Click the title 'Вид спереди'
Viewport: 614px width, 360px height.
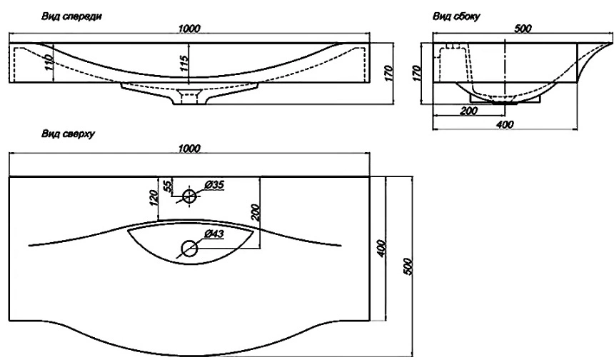click(71, 16)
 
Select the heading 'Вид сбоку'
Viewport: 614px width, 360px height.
click(457, 16)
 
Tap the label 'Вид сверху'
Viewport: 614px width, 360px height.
click(69, 134)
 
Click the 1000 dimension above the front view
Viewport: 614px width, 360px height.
click(189, 29)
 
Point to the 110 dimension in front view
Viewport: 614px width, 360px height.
click(49, 63)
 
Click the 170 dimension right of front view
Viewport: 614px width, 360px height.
click(388, 74)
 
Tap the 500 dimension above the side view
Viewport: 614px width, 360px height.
click(523, 29)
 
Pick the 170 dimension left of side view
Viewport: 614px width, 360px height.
click(417, 74)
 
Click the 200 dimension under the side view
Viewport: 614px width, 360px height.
click(469, 111)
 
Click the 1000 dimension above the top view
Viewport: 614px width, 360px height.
click(189, 149)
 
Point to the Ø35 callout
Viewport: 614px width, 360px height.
click(214, 184)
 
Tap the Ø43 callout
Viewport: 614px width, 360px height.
click(214, 234)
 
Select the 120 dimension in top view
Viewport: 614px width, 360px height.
click(153, 199)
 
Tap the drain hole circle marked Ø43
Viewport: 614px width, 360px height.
click(189, 249)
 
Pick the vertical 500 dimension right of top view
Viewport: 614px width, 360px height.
click(408, 266)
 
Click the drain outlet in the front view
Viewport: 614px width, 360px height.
click(189, 96)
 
